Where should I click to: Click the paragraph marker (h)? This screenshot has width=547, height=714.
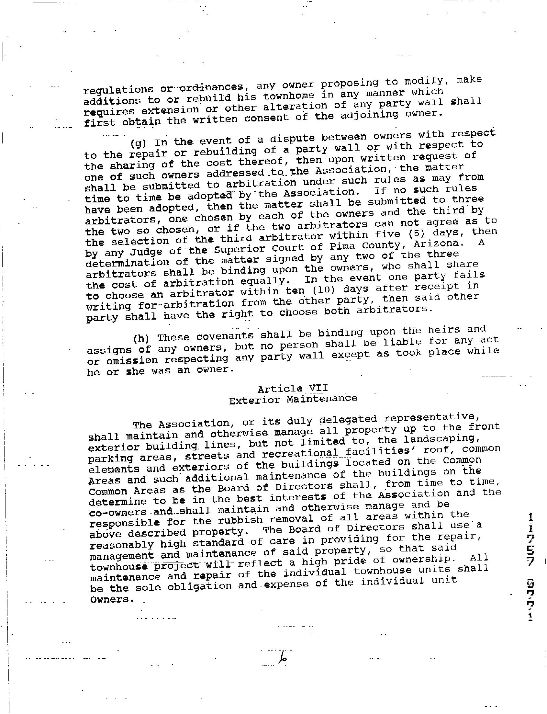click(x=141, y=338)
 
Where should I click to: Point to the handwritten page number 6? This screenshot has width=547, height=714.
click(x=283, y=658)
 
